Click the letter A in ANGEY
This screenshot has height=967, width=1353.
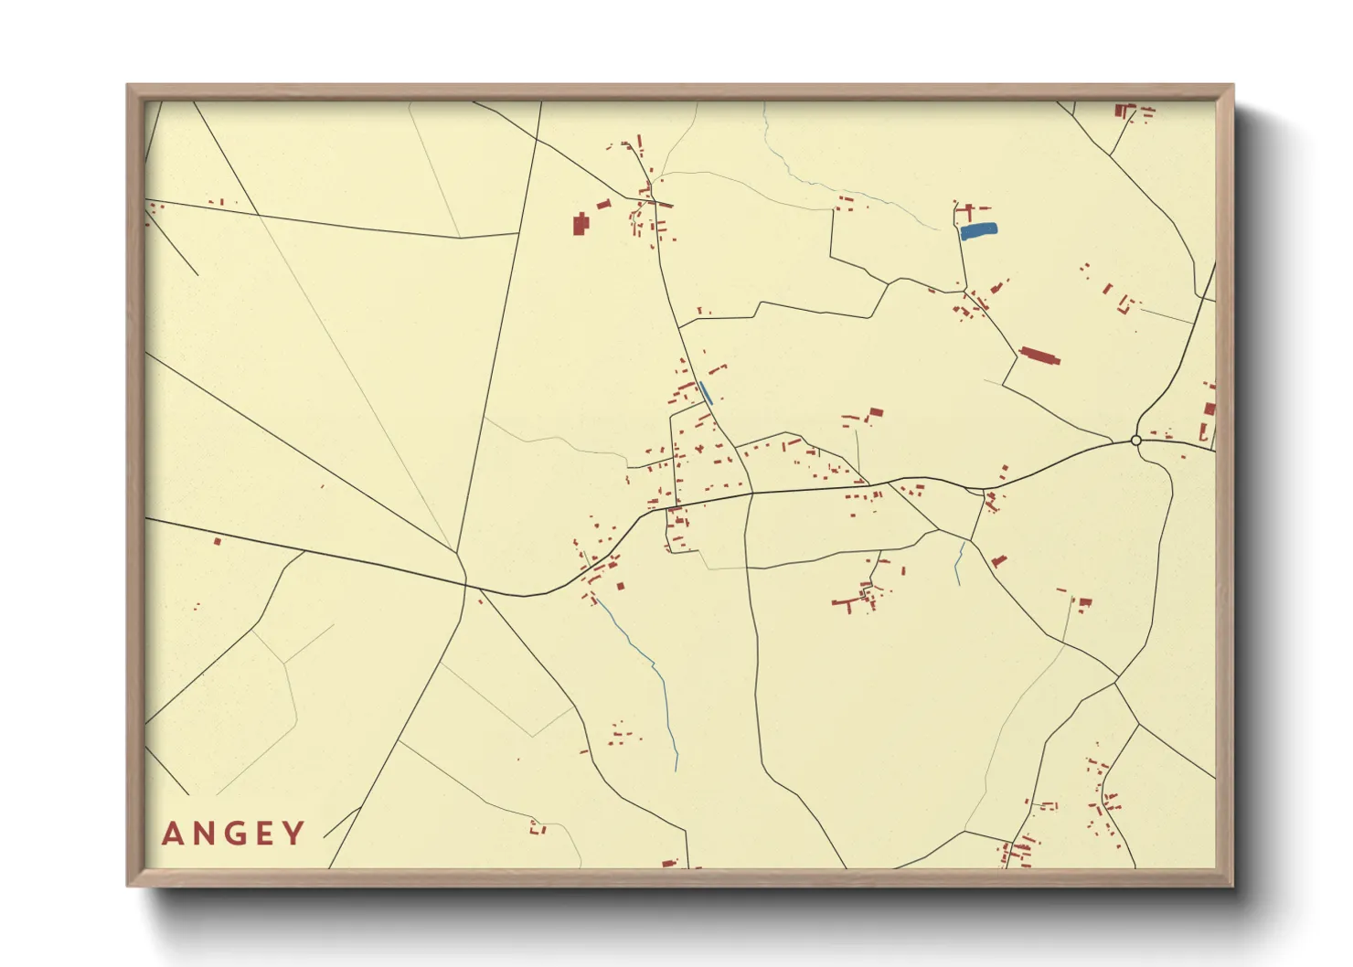[x=173, y=834]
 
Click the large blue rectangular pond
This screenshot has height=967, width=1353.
[x=978, y=231]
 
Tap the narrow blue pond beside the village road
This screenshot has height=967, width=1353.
[x=705, y=393]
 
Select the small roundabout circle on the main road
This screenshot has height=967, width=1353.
[x=1136, y=441]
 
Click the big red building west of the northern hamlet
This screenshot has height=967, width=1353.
[x=580, y=224]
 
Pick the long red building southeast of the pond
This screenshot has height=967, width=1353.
[x=1039, y=355]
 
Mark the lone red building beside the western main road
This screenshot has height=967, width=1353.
[x=218, y=541]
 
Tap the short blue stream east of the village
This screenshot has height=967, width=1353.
[x=959, y=562]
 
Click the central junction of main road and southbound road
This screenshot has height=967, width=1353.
[x=751, y=494]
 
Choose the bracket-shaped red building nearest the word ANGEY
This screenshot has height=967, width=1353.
[x=538, y=828]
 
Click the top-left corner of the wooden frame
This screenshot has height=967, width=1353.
[x=129, y=86]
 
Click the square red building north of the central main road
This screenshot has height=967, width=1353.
[x=876, y=413]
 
